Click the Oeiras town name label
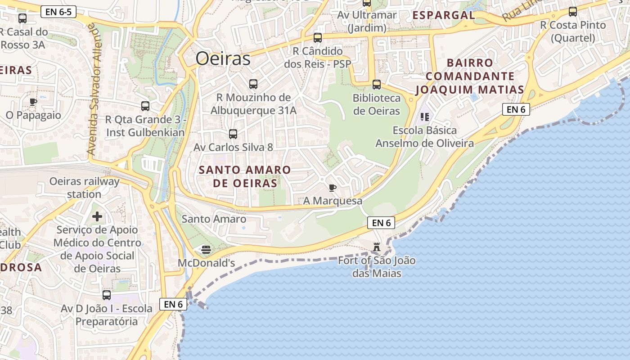[x=223, y=59]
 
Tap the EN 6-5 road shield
[x=58, y=12]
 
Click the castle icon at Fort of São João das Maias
[x=377, y=247]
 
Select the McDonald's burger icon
[x=206, y=249]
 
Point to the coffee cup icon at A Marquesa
[x=333, y=188]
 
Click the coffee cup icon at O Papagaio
[x=33, y=102]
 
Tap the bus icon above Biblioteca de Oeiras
[x=376, y=84]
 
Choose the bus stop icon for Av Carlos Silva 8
[x=233, y=134]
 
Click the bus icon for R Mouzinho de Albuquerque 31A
[x=253, y=84]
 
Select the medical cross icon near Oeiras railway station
[x=97, y=217]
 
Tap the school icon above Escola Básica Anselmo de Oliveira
[x=424, y=117]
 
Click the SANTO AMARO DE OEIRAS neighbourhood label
[x=245, y=177]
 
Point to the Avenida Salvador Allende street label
[x=95, y=90]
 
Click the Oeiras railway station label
[x=85, y=188]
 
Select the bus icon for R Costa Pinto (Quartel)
[x=572, y=12]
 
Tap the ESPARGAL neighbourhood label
[x=443, y=15]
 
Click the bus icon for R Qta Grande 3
[x=145, y=106]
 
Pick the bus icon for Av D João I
[x=106, y=295]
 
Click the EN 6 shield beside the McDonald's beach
[x=173, y=304]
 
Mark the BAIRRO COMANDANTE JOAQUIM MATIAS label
[x=470, y=76]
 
